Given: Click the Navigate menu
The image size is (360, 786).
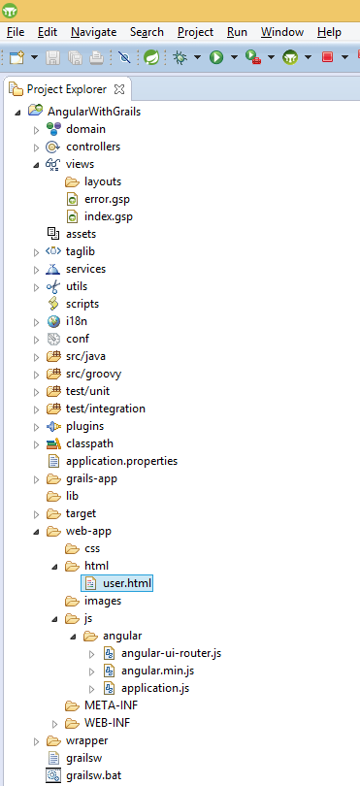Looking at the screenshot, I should point(93,32).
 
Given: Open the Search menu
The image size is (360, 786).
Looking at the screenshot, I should point(147,32).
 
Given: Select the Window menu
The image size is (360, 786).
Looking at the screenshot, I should point(281,32).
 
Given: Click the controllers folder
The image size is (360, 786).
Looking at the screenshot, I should point(93,147).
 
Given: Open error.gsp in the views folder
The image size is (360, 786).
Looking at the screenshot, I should point(108,199).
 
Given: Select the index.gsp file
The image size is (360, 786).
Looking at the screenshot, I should point(108,216).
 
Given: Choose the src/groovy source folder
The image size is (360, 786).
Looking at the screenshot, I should point(93,374).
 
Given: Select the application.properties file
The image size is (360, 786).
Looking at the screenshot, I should point(121,461).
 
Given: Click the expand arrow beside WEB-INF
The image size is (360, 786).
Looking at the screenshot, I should point(55,724).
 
